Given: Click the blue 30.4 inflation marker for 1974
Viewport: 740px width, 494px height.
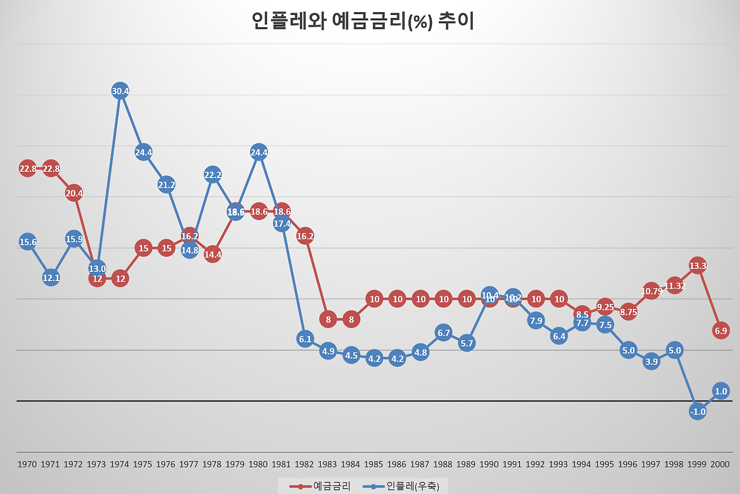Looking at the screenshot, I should [120, 91].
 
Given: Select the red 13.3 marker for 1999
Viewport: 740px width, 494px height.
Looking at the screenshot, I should [697, 266].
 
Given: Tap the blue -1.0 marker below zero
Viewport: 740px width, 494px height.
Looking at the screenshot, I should [697, 411].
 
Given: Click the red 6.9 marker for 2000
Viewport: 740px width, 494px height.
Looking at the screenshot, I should [720, 330].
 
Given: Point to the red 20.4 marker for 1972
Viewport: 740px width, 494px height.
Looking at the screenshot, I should [74, 193].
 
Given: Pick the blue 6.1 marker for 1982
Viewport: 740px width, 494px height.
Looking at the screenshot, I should [305, 339].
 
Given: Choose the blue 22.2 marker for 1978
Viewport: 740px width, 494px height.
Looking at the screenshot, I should [213, 175].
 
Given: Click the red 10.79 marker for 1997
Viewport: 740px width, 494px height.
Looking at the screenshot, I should [652, 291].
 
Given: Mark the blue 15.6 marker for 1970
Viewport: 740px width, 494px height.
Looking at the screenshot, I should [28, 242].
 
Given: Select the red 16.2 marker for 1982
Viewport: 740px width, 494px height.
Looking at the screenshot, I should [305, 236].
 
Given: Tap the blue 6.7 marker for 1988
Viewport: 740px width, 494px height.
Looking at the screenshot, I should [443, 333].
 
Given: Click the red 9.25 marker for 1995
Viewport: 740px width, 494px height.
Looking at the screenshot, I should [605, 307].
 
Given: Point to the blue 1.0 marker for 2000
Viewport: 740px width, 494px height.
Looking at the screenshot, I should [720, 391].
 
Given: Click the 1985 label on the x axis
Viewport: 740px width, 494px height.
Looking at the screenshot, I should [374, 464].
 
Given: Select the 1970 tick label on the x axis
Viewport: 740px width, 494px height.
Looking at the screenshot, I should [27, 464].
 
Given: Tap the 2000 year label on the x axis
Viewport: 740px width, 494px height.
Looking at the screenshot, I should [720, 464].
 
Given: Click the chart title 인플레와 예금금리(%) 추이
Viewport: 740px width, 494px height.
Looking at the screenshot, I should [363, 21].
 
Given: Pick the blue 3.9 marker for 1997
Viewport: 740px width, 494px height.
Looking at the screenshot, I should [652, 362].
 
